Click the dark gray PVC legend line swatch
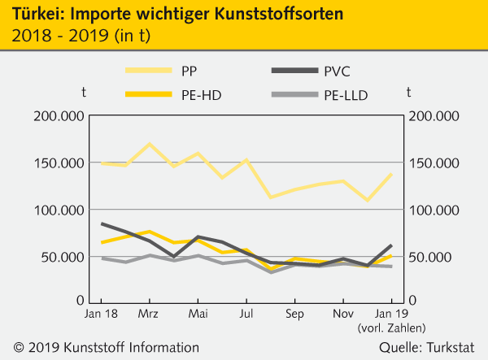[x=289, y=72]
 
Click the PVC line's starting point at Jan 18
[x=102, y=223]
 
